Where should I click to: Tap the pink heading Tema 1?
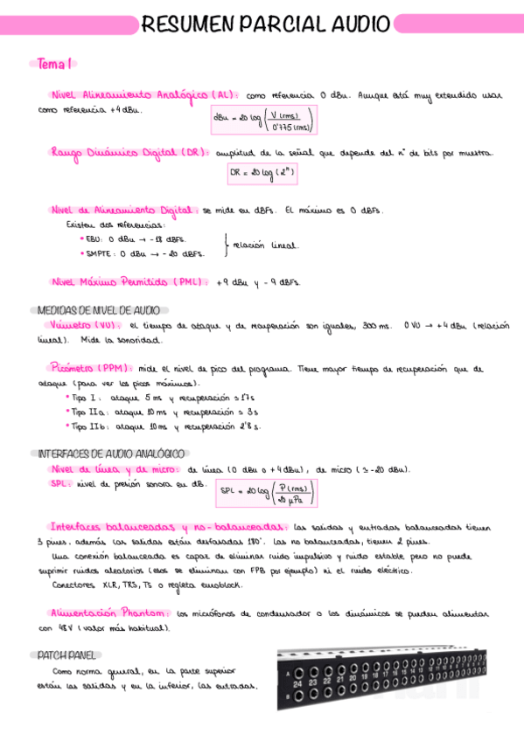[55, 63]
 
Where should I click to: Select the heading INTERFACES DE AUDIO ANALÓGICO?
[110, 454]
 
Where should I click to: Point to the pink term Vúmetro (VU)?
[85, 324]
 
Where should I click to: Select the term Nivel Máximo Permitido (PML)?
[129, 281]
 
